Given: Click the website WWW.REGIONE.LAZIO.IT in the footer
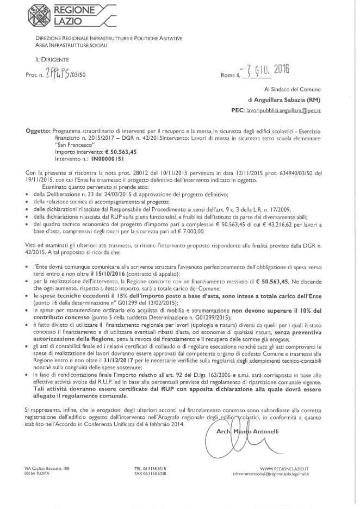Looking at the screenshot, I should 284,468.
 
